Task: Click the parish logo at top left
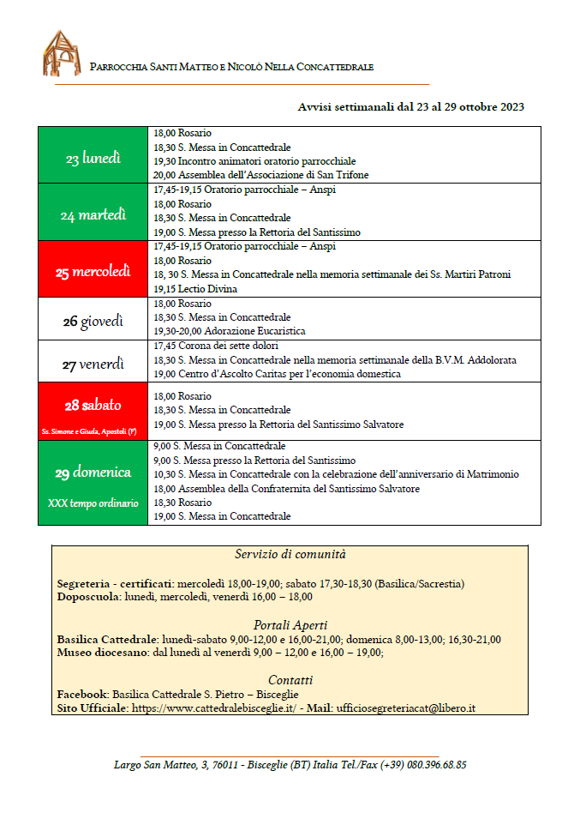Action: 62,53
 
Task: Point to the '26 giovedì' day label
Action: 93,322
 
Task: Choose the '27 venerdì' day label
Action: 93,364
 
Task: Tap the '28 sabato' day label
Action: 93,405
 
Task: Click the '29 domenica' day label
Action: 93,473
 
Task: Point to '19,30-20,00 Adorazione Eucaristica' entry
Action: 230,331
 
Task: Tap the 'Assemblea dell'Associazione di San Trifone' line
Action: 249,175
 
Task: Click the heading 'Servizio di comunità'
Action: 290,555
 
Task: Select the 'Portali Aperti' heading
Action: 290,625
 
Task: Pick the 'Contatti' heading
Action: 290,680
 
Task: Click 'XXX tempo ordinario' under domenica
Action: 93,503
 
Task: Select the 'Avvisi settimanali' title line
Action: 410,107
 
